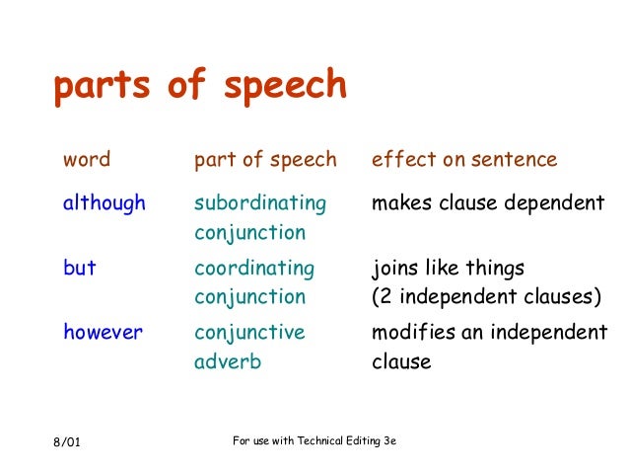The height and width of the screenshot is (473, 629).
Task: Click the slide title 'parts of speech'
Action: point(199,88)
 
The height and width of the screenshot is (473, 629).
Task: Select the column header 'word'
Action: point(87,159)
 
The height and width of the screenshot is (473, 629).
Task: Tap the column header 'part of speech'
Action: point(265,159)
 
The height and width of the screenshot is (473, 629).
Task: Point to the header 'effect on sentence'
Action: point(463,159)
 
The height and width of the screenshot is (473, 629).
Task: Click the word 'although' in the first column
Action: point(104,203)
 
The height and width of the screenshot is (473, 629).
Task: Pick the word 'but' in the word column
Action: point(80,268)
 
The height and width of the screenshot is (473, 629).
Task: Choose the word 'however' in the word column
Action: point(103,332)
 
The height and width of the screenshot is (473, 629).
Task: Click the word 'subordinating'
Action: point(259,203)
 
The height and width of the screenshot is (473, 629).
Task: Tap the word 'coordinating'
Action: point(254,268)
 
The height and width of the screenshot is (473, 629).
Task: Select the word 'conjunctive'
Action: point(249,332)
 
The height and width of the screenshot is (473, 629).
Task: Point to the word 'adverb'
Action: point(228,361)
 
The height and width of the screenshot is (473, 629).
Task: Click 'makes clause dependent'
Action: point(487,203)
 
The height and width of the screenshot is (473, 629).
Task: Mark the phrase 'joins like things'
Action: point(448,268)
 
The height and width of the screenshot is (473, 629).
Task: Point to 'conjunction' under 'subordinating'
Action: point(249,233)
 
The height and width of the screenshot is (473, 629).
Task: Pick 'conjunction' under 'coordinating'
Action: point(249,296)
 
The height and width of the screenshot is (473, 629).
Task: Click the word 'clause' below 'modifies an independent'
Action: point(401,361)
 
